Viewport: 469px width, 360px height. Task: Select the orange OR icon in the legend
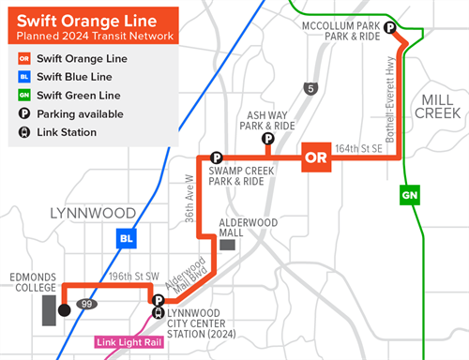tap(24, 58)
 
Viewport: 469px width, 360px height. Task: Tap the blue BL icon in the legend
tap(24, 77)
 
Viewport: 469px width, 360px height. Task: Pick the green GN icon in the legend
tap(24, 96)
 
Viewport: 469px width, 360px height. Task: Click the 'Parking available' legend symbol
tap(24, 114)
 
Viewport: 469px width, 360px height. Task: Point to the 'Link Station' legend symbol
tap(24, 132)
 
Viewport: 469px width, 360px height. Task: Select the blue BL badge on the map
tap(126, 238)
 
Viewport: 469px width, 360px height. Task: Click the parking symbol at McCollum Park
tap(389, 29)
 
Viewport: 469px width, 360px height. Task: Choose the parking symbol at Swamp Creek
tap(216, 157)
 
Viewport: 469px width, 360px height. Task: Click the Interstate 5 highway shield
tap(310, 89)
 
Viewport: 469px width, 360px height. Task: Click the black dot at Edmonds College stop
tap(64, 310)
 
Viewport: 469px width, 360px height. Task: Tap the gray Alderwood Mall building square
tap(228, 244)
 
